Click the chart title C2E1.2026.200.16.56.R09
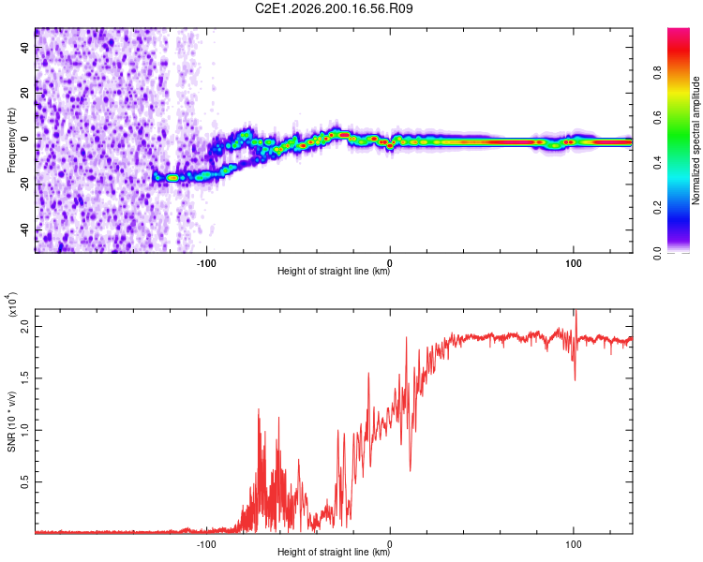coord(334,8)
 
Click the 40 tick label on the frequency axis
coord(25,47)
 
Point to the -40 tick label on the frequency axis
coord(25,230)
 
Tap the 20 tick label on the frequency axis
coord(25,93)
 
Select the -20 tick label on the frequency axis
coord(25,185)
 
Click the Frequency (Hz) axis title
coord(11,140)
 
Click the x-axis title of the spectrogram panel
coord(334,271)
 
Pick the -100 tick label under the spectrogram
coord(206,263)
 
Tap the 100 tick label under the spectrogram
coord(574,263)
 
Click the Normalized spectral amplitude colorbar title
coord(696,140)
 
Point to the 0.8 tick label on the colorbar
coord(657,72)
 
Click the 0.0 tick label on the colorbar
coord(657,253)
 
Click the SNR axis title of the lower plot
coord(11,421)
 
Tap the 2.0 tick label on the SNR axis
coord(25,327)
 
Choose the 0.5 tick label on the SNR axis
coord(25,482)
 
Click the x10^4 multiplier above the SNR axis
coord(11,304)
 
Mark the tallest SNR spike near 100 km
coord(576,311)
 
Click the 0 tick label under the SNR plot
coord(390,544)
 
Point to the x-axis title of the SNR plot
coord(334,552)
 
